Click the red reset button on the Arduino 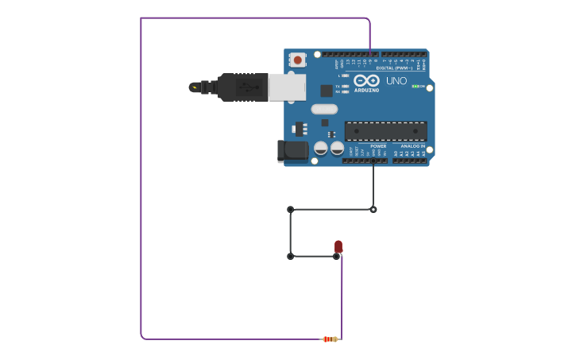297,60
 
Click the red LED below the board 338,246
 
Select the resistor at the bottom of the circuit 329,339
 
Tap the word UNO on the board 396,81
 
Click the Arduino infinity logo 366,81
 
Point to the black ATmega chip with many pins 385,131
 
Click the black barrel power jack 292,150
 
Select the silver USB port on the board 286,87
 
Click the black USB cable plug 242,87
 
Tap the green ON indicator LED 416,86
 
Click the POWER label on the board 378,146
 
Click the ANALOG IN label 412,146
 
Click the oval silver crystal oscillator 324,109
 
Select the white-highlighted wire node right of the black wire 373,210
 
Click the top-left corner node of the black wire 290,210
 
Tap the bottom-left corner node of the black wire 290,257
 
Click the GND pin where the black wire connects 373,161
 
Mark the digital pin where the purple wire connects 370,54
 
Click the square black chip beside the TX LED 326,91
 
